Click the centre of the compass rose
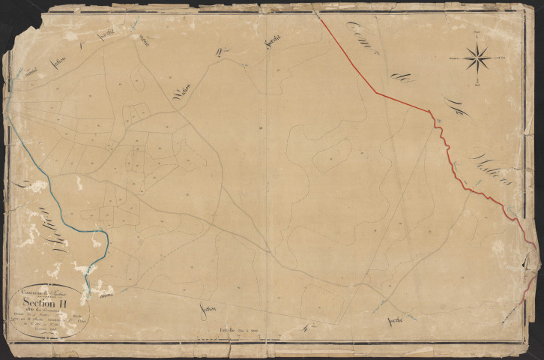(x=477, y=58)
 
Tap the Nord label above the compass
(x=477, y=32)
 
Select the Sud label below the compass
(x=477, y=84)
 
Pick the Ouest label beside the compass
(x=453, y=58)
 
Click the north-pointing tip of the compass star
(x=477, y=43)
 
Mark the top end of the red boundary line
(x=320, y=16)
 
